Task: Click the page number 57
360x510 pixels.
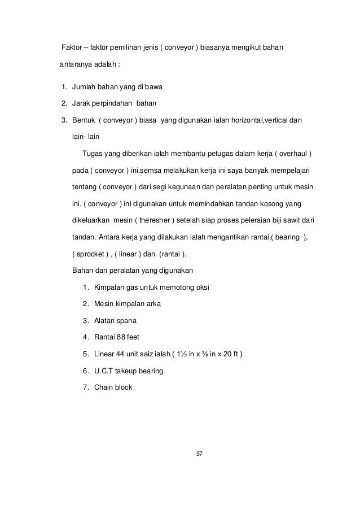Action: pos(198,454)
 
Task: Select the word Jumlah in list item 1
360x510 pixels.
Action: pos(84,88)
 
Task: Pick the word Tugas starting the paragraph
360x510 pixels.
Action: pos(92,154)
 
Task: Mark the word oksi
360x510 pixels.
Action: pos(201,288)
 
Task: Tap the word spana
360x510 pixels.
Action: pos(126,321)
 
